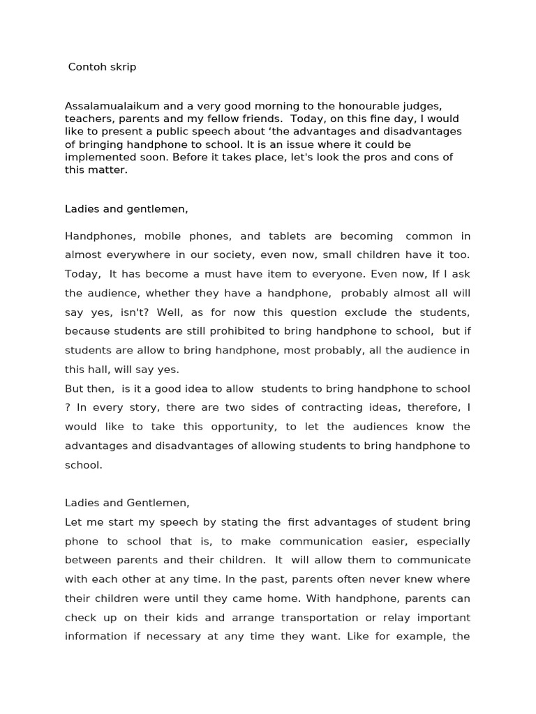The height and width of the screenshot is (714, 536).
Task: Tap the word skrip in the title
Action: point(123,68)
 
